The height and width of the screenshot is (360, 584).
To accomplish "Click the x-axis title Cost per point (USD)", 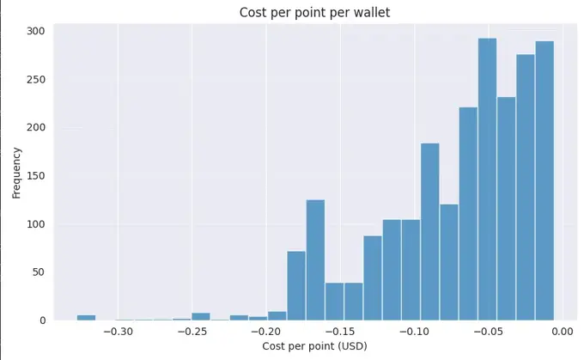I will pos(309,346).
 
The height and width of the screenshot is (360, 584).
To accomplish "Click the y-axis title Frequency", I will pos(16,173).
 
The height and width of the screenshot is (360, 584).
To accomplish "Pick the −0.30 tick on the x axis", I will pos(119,331).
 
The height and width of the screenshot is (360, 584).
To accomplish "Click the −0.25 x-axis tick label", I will pos(192,331).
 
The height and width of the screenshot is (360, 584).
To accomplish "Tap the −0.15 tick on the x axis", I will pos(340,331).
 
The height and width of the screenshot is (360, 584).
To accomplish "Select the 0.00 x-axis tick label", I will pos(563,331).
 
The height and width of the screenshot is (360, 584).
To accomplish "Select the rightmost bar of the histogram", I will pos(544,180).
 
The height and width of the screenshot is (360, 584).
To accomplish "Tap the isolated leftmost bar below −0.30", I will pos(86,318).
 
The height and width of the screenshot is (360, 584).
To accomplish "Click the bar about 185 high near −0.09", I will pos(429,232).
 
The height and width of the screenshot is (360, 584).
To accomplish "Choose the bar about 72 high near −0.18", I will pos(296,285).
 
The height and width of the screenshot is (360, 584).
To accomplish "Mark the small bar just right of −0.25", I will pos(201,316).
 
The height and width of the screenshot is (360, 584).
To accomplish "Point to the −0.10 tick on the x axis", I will pos(414,331).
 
